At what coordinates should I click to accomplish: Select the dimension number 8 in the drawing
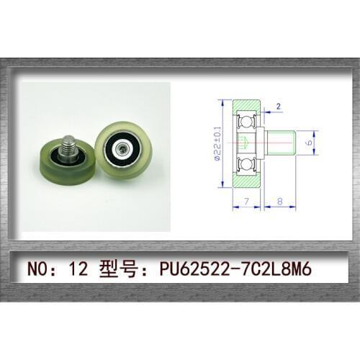point(279,202)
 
